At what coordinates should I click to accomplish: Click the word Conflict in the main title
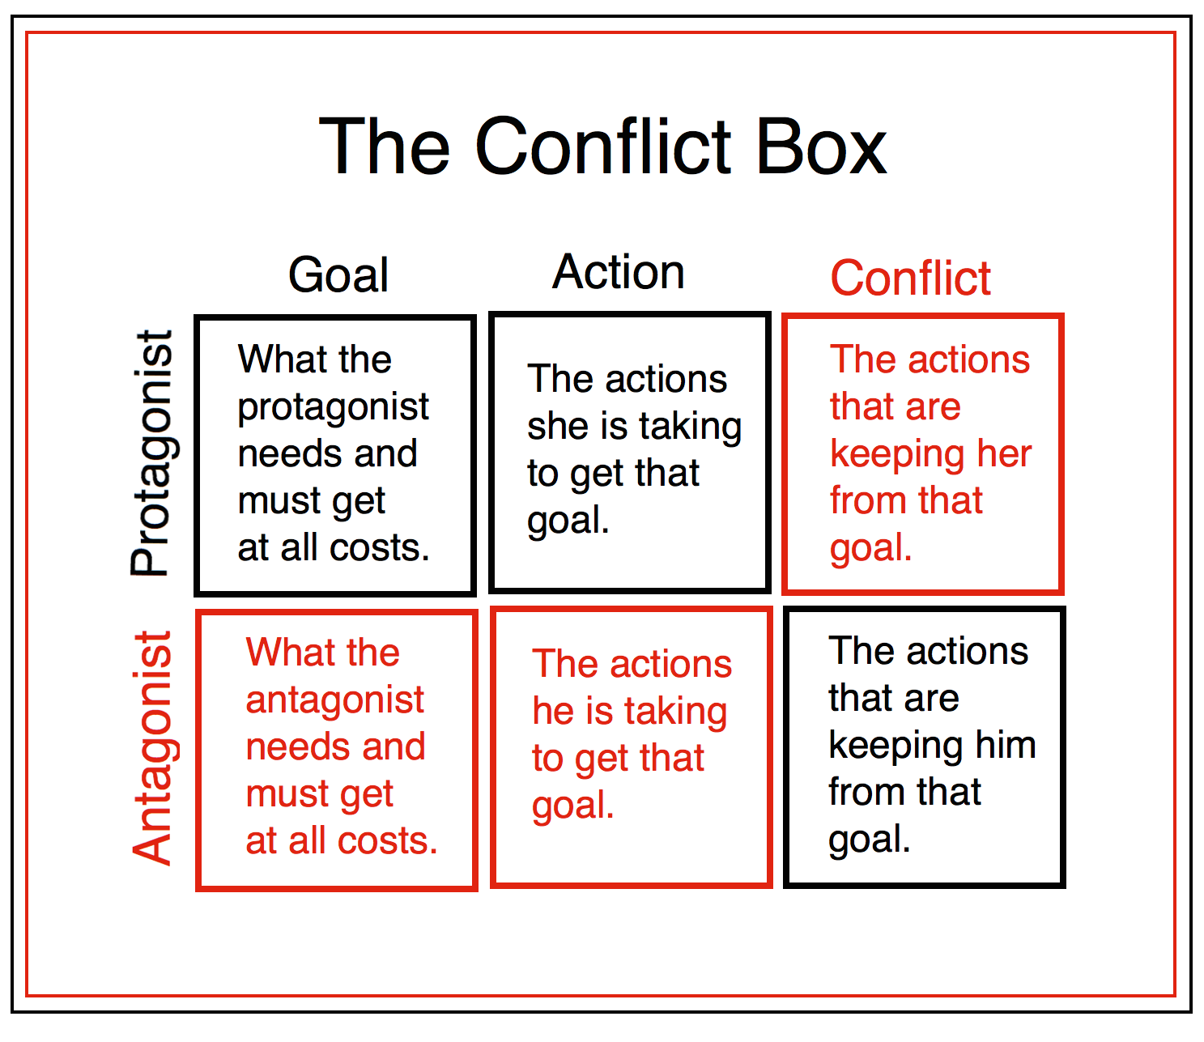(603, 147)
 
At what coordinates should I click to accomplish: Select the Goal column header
(338, 275)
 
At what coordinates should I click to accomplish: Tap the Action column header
(619, 272)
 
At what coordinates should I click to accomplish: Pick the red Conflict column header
(910, 279)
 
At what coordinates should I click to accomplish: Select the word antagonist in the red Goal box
(334, 700)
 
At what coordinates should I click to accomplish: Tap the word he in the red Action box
(553, 712)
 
